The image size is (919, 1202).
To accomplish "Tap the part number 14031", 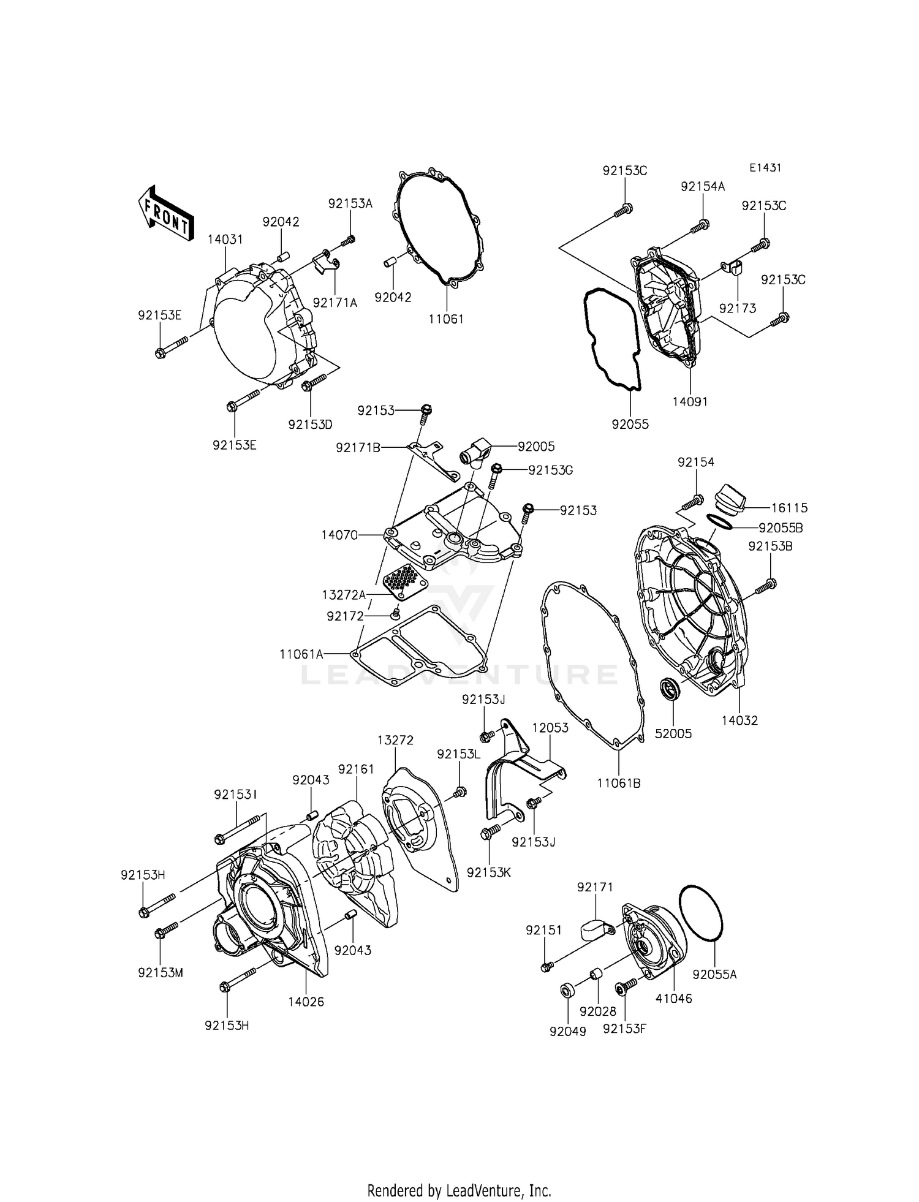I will pyautogui.click(x=225, y=240).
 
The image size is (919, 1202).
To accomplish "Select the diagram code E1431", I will pyautogui.click(x=765, y=168).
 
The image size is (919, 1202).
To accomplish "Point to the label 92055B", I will pyautogui.click(x=781, y=527).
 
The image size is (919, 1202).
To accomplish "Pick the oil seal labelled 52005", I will pyautogui.click(x=670, y=690).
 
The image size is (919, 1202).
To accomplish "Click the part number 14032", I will pyautogui.click(x=739, y=720).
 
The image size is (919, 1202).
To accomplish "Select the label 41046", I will pyautogui.click(x=673, y=998).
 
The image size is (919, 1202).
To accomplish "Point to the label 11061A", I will pyautogui.click(x=301, y=654).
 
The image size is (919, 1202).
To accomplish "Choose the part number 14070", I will pyautogui.click(x=339, y=535).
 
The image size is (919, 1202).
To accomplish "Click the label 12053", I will pyautogui.click(x=550, y=728).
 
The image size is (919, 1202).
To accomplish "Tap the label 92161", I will pyautogui.click(x=356, y=769).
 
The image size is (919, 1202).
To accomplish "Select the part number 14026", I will pyautogui.click(x=306, y=1002).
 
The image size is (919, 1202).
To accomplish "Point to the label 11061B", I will pyautogui.click(x=619, y=783).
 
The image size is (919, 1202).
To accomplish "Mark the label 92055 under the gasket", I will pyautogui.click(x=630, y=424).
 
